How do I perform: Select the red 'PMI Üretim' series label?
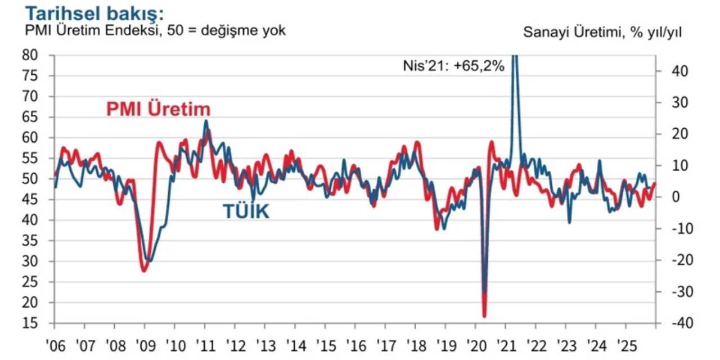158,109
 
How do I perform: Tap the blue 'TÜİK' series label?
246,211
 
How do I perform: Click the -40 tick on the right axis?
674,323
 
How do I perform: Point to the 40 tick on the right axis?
674,71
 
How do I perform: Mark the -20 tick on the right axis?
674,260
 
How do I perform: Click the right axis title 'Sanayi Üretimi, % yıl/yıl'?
602,33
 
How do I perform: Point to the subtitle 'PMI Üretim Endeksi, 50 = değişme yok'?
155,30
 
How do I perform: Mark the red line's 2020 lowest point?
484,316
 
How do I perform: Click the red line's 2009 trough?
144,271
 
